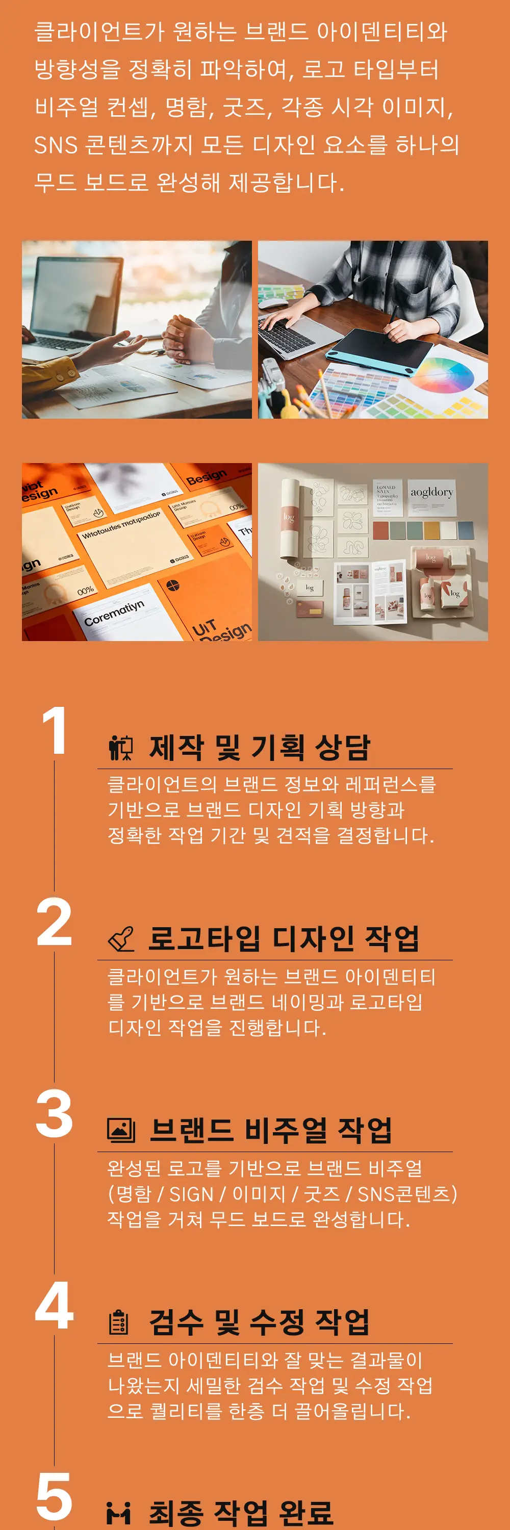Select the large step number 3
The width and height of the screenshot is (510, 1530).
pyautogui.click(x=54, y=1114)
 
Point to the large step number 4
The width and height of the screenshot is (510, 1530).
pyautogui.click(x=54, y=1306)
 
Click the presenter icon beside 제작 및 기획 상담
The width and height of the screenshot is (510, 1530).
pyautogui.click(x=121, y=748)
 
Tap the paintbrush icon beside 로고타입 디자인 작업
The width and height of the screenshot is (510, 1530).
pyautogui.click(x=121, y=939)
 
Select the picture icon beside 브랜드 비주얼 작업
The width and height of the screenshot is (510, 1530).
pyautogui.click(x=121, y=1130)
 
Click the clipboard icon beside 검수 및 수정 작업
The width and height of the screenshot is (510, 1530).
pyautogui.click(x=119, y=1322)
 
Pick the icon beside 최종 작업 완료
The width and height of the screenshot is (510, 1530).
pyautogui.click(x=119, y=1513)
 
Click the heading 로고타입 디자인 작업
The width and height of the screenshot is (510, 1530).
pyautogui.click(x=283, y=939)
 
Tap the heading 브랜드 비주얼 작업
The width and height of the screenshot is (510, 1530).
pyautogui.click(x=270, y=1130)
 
